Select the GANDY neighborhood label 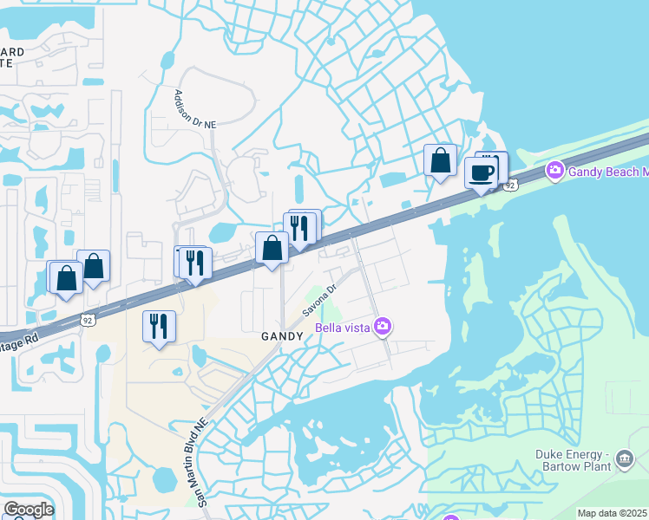click(282, 335)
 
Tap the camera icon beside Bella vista click(383, 327)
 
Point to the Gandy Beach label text click(608, 171)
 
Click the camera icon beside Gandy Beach click(555, 171)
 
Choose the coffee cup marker click(482, 172)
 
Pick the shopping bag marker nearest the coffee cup click(440, 160)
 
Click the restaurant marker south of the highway click(159, 327)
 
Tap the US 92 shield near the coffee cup click(511, 185)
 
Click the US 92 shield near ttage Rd click(88, 320)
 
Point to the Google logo click(28, 510)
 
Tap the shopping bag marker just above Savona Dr click(272, 248)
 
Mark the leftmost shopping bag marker click(66, 278)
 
